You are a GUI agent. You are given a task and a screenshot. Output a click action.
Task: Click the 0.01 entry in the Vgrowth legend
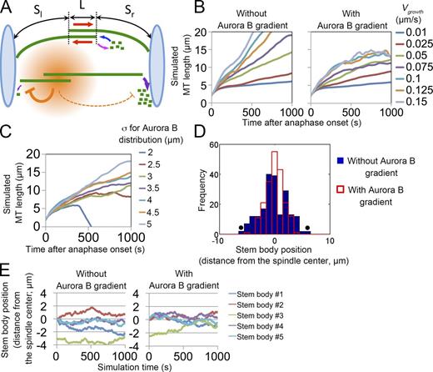(x=411, y=35)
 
